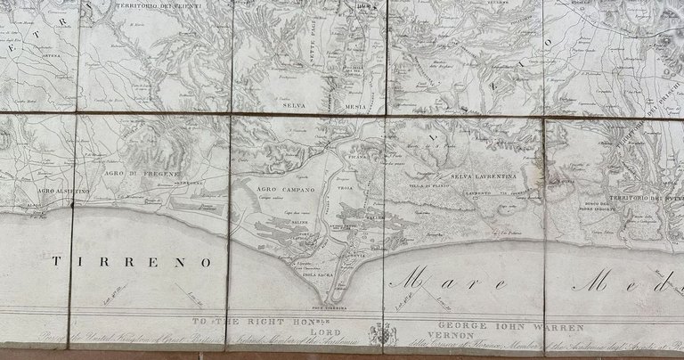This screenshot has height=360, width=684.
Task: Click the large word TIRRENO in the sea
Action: (133, 262)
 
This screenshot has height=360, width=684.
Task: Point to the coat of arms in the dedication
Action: (380, 332)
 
